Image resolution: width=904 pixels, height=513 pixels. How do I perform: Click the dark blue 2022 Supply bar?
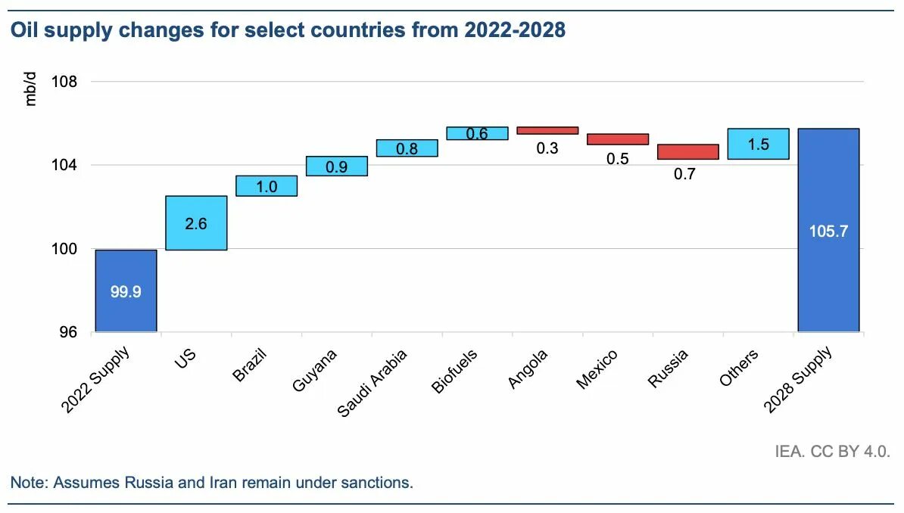pos(126,291)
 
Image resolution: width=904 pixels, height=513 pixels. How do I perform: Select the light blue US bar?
pos(196,222)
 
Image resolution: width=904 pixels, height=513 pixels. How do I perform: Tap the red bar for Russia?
pos(687,151)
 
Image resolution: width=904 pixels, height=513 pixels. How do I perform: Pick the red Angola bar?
pos(547,130)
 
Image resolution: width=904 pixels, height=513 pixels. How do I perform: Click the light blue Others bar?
pos(758,144)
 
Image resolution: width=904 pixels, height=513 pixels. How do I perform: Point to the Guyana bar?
pos(337,166)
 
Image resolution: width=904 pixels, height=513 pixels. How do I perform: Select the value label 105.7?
pos(828,231)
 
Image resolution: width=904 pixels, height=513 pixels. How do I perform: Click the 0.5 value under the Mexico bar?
pos(618,159)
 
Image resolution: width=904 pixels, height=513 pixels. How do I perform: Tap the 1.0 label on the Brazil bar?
pos(267,186)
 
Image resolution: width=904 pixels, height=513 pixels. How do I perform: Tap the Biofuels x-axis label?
pos(454,371)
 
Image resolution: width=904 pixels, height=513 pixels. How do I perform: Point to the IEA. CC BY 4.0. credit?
pos(832,452)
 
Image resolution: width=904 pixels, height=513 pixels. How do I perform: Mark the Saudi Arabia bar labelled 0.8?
pos(407,148)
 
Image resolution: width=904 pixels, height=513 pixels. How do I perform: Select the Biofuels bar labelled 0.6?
pos(477,133)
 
